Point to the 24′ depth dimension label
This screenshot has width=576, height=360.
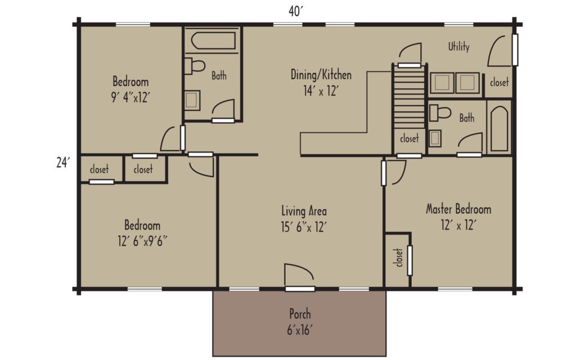[62, 163]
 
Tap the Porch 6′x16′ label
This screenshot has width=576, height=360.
[300, 320]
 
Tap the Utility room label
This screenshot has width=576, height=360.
[458, 47]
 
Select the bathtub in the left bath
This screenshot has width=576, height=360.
[213, 41]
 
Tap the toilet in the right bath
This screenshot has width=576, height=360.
[440, 112]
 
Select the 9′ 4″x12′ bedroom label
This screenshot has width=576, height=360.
[130, 89]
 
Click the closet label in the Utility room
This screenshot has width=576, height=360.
[498, 82]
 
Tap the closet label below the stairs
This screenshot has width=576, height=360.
[409, 138]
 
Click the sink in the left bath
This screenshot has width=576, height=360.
[191, 101]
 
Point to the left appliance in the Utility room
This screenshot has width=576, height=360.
[442, 82]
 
